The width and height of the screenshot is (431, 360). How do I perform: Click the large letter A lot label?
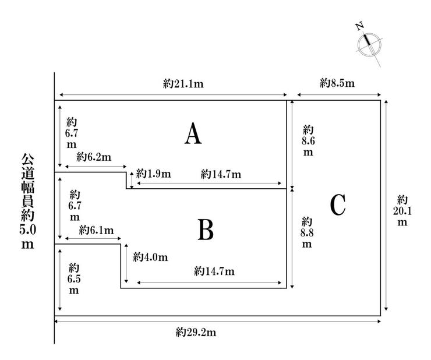tap(193, 133)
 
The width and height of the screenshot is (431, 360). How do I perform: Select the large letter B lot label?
tap(206, 230)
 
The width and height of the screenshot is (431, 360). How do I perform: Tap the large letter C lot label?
tap(338, 205)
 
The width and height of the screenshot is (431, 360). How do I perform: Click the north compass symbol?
tap(369, 45)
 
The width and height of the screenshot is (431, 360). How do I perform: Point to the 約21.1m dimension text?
tap(183, 83)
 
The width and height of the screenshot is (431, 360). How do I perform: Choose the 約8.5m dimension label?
tap(337, 83)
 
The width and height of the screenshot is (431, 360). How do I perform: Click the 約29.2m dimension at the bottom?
tap(196, 333)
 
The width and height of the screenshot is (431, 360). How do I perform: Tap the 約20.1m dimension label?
tap(402, 211)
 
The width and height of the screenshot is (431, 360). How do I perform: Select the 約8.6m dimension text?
tap(308, 141)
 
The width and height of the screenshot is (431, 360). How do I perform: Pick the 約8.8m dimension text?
tap(307, 232)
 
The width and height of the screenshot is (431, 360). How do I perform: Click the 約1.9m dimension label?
tap(153, 174)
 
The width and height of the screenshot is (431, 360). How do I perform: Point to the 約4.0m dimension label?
tap(150, 257)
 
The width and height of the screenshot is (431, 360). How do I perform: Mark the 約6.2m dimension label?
tap(94, 157)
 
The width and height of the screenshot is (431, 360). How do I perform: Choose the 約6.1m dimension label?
tap(96, 230)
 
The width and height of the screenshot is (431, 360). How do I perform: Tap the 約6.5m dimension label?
tap(74, 279)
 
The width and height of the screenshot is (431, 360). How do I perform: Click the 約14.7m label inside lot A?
tap(221, 174)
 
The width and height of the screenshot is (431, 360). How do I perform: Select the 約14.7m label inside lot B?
tap(214, 271)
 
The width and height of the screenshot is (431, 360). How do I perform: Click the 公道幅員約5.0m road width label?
tap(28, 201)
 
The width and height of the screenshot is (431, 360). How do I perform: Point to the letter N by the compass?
tap(359, 26)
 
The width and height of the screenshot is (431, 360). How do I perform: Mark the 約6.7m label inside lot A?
tap(72, 133)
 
